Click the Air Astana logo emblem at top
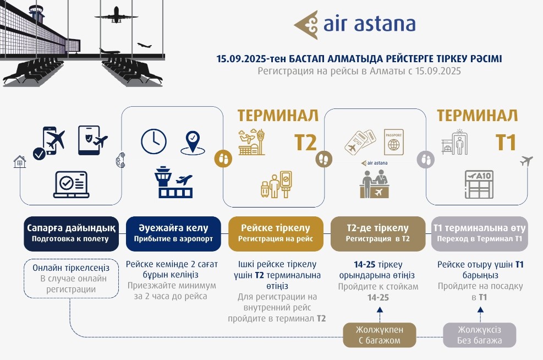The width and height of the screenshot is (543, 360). (306, 25)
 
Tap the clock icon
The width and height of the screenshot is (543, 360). (153, 141)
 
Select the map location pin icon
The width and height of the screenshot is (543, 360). (193, 143)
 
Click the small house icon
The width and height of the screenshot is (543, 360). (20, 161)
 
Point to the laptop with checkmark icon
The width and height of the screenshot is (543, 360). (72, 184)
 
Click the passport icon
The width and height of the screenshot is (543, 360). (394, 142)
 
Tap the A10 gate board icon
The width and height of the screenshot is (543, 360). (479, 184)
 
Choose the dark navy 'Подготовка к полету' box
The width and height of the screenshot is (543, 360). (71, 233)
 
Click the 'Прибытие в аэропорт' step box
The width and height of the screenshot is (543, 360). (173, 233)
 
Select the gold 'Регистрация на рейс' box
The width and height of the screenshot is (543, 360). (276, 233)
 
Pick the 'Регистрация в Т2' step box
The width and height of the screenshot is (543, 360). (378, 233)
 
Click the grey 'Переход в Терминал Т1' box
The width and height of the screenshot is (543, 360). (480, 233)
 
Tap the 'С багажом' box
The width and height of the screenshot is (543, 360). (380, 335)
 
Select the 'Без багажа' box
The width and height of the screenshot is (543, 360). (480, 335)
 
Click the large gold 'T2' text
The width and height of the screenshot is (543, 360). (305, 143)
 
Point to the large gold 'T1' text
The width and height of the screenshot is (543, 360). (506, 143)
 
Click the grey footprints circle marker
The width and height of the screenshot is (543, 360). (426, 160)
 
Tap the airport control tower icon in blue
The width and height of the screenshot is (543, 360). (173, 182)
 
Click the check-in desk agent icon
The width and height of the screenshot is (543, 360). (374, 184)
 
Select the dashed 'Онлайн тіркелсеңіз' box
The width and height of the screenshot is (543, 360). (71, 278)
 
